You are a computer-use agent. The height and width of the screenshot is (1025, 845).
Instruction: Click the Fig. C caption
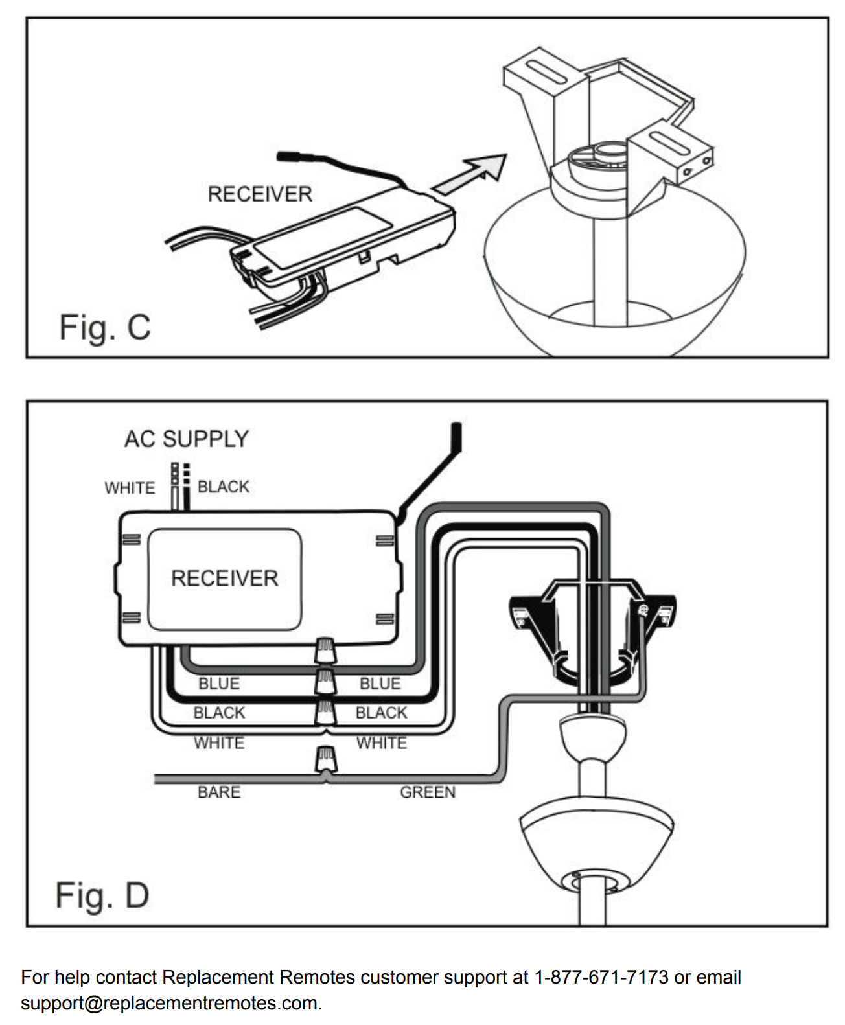click(x=104, y=327)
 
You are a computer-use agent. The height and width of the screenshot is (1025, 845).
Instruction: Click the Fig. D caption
click(x=102, y=895)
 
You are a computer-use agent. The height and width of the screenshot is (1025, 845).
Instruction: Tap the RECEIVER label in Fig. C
click(x=260, y=194)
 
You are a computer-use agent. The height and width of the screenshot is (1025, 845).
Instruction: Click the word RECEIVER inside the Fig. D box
click(x=224, y=578)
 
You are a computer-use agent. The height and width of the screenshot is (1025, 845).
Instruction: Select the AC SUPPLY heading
click(x=187, y=439)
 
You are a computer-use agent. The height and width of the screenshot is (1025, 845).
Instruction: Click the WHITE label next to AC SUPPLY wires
click(x=130, y=487)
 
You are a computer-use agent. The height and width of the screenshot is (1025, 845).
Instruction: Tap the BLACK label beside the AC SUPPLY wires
click(x=223, y=487)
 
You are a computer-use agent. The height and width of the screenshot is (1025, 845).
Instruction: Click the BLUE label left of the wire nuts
click(x=219, y=684)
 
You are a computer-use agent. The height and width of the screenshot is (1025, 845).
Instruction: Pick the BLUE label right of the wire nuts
click(x=380, y=684)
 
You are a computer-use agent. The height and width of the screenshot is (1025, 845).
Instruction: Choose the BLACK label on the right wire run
click(x=381, y=713)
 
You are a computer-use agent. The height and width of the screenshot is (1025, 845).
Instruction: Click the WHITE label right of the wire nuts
click(x=382, y=743)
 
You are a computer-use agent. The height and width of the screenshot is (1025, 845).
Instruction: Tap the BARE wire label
click(x=219, y=792)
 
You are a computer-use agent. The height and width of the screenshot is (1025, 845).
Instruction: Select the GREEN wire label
click(x=428, y=792)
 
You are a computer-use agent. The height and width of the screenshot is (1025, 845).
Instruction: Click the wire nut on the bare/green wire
click(x=326, y=759)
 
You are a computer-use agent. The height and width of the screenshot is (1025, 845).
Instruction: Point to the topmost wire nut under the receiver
click(x=326, y=650)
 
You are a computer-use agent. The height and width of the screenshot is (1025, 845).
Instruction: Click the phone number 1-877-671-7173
click(x=601, y=977)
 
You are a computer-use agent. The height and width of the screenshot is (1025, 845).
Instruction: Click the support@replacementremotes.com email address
click(x=171, y=1003)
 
